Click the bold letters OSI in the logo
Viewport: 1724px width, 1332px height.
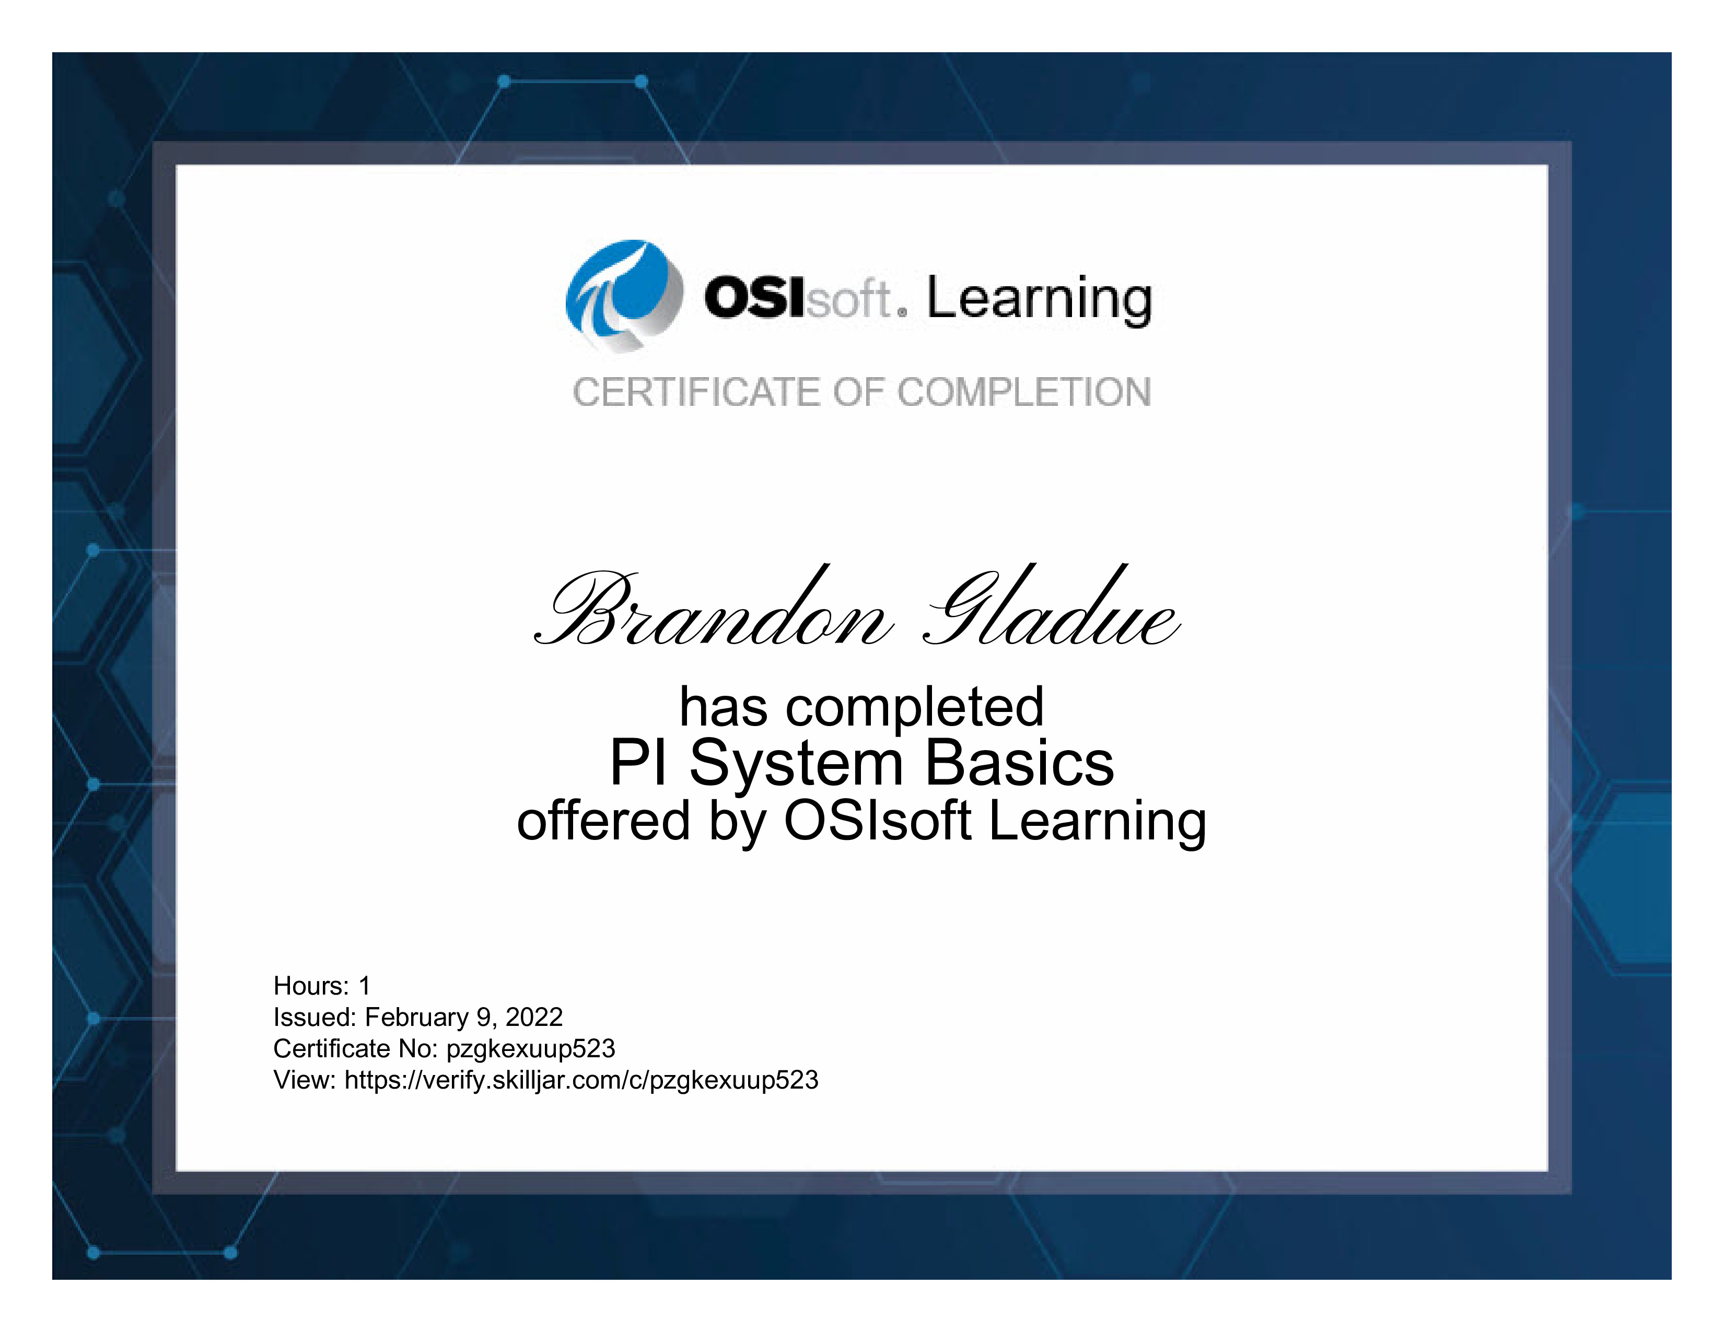pyautogui.click(x=755, y=298)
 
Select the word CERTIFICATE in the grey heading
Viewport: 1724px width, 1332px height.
pyautogui.click(x=697, y=392)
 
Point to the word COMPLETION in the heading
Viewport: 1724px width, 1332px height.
pyautogui.click(x=1024, y=392)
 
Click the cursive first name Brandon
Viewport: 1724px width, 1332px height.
pyautogui.click(x=714, y=607)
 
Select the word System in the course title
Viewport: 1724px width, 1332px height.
pyautogui.click(x=797, y=763)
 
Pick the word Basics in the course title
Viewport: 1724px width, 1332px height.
pyautogui.click(x=1020, y=763)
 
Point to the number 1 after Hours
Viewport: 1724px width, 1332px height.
pyautogui.click(x=365, y=986)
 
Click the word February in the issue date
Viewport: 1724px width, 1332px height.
pyautogui.click(x=417, y=1017)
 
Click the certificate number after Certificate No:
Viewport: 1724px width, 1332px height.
pyautogui.click(x=530, y=1049)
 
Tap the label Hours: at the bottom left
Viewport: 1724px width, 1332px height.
pyautogui.click(x=311, y=986)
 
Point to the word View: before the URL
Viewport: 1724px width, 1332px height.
pyautogui.click(x=306, y=1080)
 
